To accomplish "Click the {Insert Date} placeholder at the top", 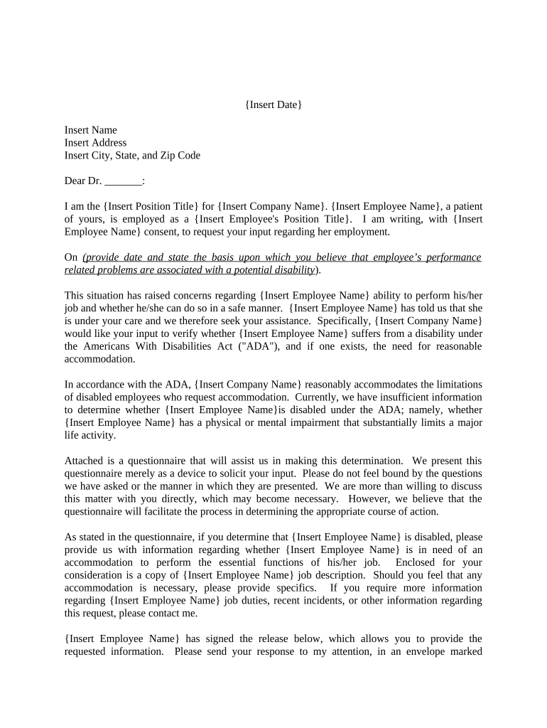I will pyautogui.click(x=273, y=105).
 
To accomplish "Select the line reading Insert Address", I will pyautogui.click(x=95, y=143).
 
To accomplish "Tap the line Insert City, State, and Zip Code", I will pyautogui.click(x=132, y=156).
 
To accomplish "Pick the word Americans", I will pyautogui.click(x=104, y=347).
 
